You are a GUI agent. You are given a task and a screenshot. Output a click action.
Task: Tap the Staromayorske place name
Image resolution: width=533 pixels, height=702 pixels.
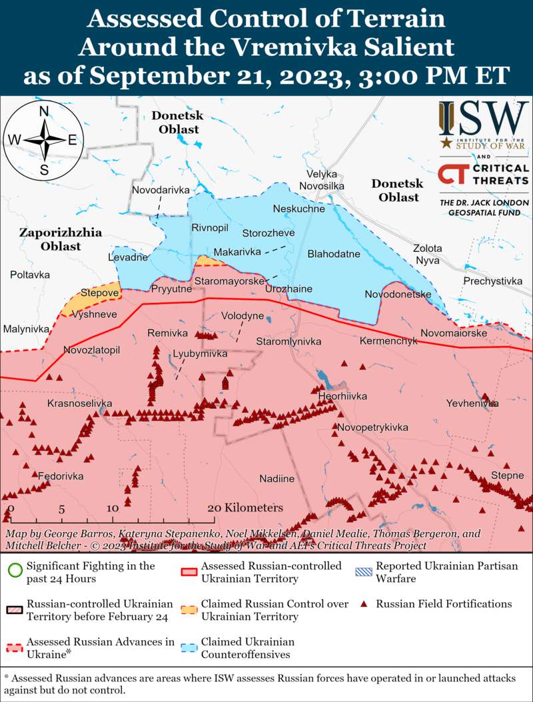tap(229, 282)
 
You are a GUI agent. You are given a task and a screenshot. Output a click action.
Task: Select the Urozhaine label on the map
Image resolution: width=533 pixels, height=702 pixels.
tap(288, 289)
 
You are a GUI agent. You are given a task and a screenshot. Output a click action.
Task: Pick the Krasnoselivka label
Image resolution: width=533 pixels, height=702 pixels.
tap(79, 404)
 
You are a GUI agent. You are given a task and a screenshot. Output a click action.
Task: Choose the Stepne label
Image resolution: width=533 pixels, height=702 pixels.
tap(508, 476)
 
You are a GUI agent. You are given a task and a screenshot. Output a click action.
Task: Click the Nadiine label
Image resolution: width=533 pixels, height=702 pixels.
tap(276, 478)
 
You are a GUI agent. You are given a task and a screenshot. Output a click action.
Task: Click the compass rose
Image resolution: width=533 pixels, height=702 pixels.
tap(44, 139)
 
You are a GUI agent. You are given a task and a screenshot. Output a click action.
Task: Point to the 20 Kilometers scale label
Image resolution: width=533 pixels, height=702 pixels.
tap(245, 508)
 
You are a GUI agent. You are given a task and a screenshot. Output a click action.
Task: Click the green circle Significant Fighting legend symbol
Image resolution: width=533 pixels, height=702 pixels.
tap(13, 571)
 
